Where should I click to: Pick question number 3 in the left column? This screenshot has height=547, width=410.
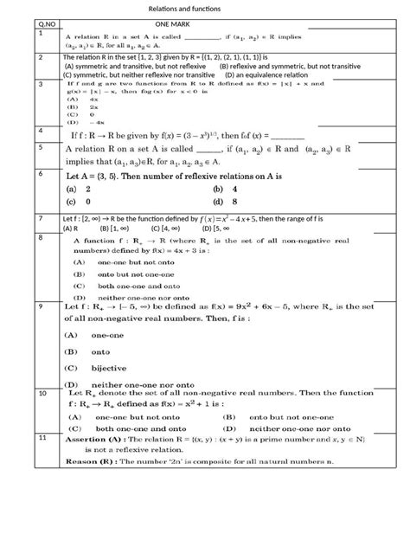[x=41, y=85]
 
